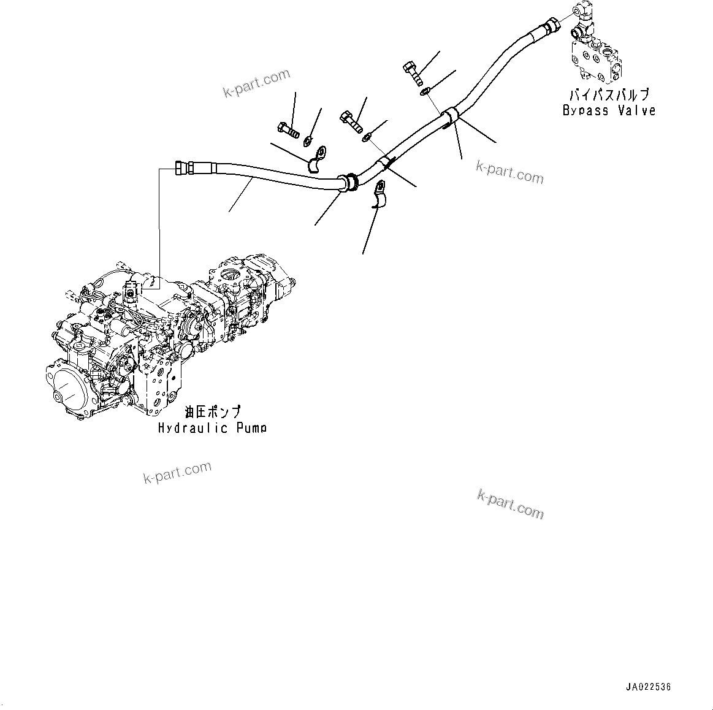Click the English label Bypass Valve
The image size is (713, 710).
click(609, 111)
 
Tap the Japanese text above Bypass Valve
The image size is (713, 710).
click(609, 95)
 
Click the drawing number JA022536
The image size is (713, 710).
click(648, 687)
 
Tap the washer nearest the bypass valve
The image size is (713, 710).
click(425, 93)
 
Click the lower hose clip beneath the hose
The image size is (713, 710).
click(379, 195)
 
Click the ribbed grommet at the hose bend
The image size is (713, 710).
click(350, 181)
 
